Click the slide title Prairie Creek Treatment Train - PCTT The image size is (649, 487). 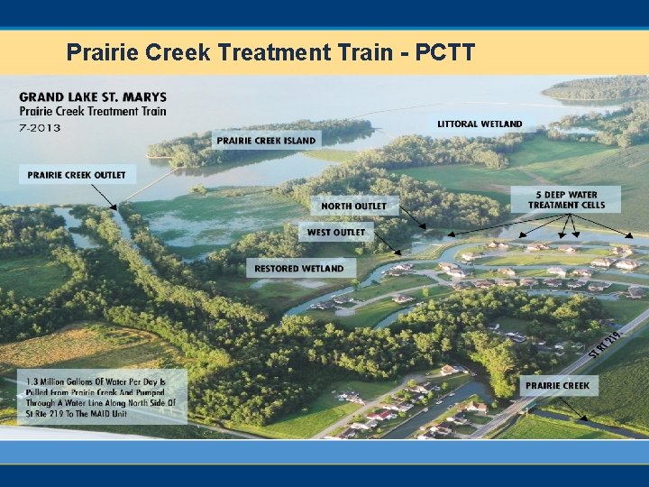(x=270, y=52)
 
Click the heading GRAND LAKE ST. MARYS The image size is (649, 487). (x=93, y=97)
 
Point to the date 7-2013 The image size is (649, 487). (x=40, y=127)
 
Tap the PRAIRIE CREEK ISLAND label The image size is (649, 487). (x=266, y=140)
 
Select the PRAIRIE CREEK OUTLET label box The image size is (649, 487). (x=77, y=174)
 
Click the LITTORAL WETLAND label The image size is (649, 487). (x=480, y=124)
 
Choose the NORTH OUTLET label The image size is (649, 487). (x=353, y=206)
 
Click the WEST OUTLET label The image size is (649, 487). (x=336, y=232)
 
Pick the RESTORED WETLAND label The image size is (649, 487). (x=298, y=268)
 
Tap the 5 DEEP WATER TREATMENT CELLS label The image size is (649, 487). (x=566, y=198)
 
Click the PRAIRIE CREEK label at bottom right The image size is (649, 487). (x=557, y=385)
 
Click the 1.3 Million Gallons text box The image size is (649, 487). (x=102, y=396)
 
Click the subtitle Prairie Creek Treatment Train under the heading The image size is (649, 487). (x=93, y=112)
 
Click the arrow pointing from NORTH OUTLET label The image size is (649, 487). (x=410, y=216)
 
